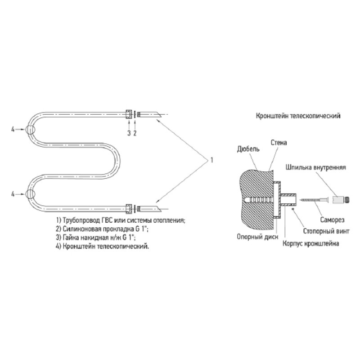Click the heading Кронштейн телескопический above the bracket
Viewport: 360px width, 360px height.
[298, 116]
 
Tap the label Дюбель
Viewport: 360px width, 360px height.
[248, 149]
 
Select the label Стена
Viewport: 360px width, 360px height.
[279, 143]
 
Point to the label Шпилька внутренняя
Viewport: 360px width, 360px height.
[316, 167]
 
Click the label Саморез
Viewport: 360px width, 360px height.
[332, 220]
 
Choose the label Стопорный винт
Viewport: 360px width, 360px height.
[326, 231]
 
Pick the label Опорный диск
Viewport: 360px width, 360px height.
[257, 237]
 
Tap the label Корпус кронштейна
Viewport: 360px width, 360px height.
[310, 243]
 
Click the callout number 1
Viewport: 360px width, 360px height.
[211, 160]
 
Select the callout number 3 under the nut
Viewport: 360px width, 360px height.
[129, 133]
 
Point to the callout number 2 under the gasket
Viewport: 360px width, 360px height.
[135, 133]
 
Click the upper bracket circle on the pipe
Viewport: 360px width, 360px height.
[30, 130]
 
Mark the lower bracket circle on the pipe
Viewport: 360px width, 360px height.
[30, 194]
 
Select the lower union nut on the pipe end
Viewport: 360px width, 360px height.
[129, 209]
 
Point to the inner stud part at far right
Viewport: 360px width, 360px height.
[341, 199]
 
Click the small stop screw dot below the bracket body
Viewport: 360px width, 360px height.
[293, 209]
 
